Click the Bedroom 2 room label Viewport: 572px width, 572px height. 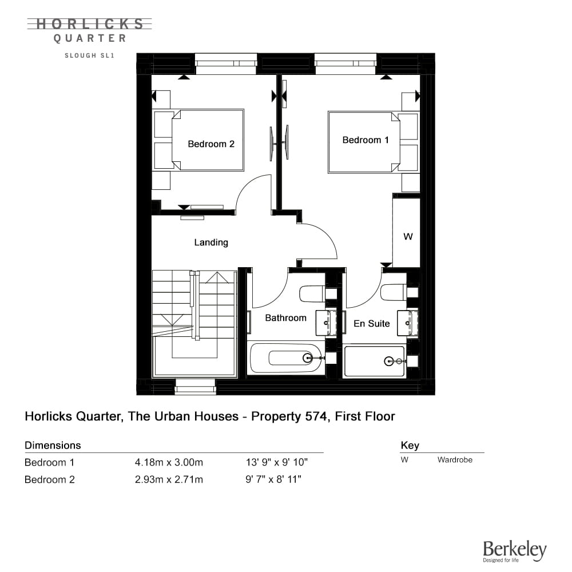tap(211, 144)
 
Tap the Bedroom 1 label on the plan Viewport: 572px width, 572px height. tap(366, 140)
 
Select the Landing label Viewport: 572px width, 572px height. tap(211, 243)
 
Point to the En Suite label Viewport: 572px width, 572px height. tap(371, 324)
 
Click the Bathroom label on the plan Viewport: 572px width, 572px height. tap(285, 318)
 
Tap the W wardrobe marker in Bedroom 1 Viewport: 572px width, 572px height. tap(408, 237)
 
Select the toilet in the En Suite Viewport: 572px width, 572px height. tap(394, 292)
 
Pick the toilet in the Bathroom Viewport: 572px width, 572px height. tap(312, 293)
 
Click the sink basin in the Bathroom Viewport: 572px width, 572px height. tap(326, 323)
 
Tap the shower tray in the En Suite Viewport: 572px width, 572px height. tap(374, 361)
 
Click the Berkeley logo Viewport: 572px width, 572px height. tap(515, 551)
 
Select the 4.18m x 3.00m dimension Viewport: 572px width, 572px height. tap(169, 463)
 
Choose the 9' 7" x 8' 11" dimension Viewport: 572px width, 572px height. tap(273, 479)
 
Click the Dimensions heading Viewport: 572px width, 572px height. tap(53, 446)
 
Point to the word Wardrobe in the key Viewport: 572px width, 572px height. tap(455, 460)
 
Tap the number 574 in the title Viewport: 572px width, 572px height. tap(316, 416)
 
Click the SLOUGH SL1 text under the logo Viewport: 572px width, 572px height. tap(89, 55)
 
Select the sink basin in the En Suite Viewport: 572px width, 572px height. tap(407, 323)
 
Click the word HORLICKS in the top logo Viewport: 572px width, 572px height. tap(90, 24)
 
